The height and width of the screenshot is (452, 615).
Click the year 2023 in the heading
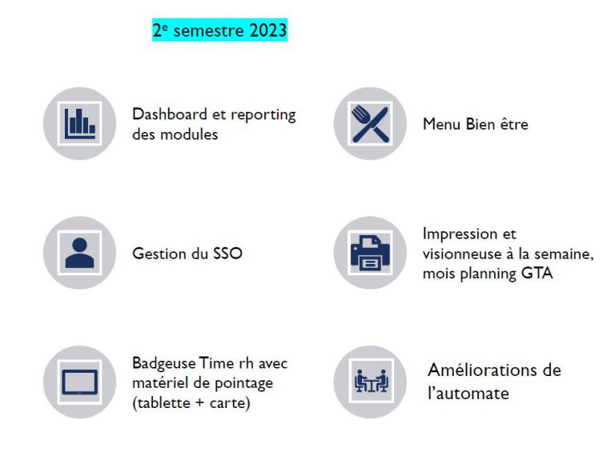[268, 30]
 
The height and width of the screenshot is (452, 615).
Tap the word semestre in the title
[209, 30]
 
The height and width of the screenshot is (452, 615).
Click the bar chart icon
[79, 123]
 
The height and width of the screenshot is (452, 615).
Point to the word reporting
[263, 115]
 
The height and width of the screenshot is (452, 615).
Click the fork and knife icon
[370, 124]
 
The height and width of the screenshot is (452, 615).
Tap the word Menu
[442, 124]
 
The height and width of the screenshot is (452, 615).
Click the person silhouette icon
[79, 253]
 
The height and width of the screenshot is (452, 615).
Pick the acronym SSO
[227, 254]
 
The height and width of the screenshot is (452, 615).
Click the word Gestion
[159, 254]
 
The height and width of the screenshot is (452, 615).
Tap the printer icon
[370, 253]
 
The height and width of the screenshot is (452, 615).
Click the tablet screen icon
[79, 382]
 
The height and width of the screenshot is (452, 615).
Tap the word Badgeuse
[163, 363]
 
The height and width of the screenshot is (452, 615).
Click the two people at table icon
[371, 381]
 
